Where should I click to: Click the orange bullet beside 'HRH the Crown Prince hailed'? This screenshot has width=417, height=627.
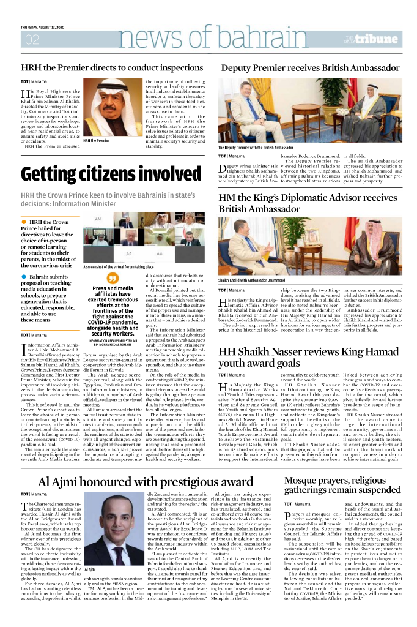(23, 221)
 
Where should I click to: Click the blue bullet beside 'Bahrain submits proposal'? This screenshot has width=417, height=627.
(23, 277)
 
